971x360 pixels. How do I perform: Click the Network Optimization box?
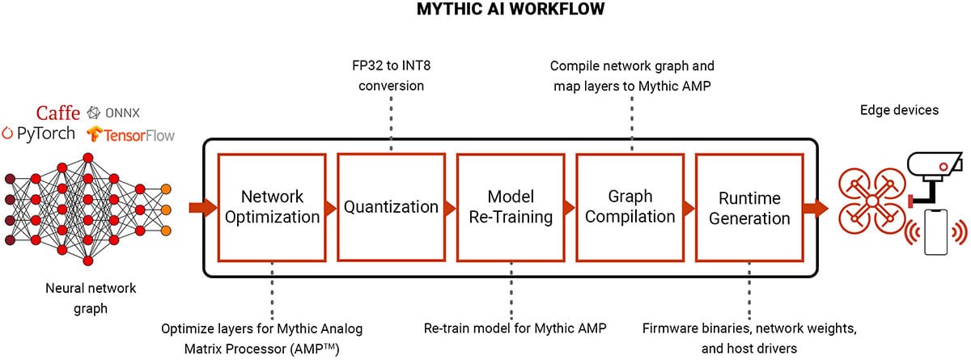(x=272, y=207)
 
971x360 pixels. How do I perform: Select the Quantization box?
(x=391, y=207)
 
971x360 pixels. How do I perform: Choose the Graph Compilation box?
(x=630, y=207)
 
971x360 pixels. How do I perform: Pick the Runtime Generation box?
(x=748, y=207)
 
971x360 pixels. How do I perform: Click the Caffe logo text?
(x=57, y=112)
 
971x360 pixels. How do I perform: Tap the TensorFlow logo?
(x=131, y=134)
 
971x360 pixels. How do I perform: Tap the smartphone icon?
(x=937, y=233)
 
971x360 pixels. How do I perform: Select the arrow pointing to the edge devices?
(x=818, y=208)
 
